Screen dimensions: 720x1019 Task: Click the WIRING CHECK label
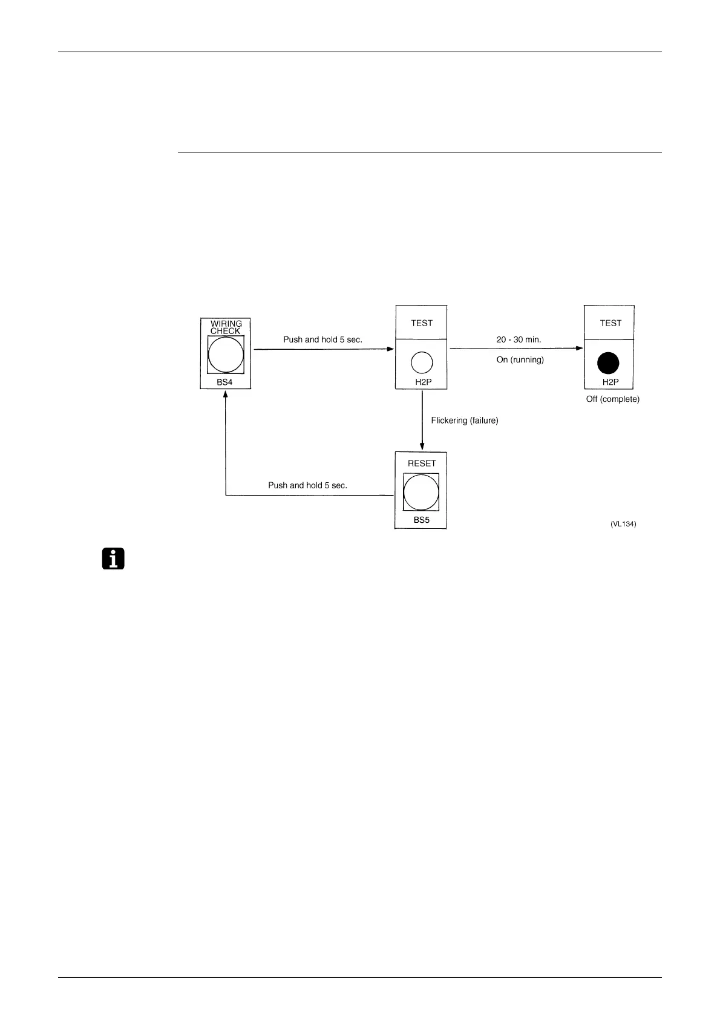click(226, 327)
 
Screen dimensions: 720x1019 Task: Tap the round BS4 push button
click(226, 355)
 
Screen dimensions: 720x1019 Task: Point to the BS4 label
click(224, 382)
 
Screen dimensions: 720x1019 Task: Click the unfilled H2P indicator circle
click(422, 362)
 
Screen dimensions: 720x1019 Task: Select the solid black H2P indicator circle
click(608, 363)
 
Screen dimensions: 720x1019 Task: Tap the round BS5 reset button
click(421, 492)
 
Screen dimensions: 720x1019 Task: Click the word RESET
click(422, 464)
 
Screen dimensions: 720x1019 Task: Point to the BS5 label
click(422, 520)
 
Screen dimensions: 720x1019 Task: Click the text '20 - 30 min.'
click(519, 340)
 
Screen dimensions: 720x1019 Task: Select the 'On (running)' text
click(520, 360)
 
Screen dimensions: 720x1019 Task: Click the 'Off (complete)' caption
click(612, 399)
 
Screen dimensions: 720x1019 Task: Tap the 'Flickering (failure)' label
click(465, 421)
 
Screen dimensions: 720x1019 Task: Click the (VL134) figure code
click(623, 524)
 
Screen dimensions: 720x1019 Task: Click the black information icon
click(113, 559)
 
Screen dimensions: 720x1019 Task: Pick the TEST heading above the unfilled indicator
click(422, 323)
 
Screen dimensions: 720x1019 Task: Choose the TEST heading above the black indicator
click(610, 323)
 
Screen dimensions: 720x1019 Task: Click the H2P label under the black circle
click(610, 382)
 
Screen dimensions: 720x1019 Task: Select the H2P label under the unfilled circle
click(423, 382)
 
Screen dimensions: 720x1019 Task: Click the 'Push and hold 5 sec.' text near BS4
click(322, 340)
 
